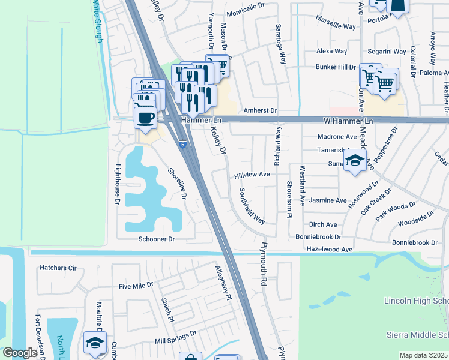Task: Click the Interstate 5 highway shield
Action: (x=182, y=145)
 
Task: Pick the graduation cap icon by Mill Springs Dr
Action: (x=95, y=343)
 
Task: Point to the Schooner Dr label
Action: (x=157, y=239)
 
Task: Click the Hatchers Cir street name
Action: (x=58, y=268)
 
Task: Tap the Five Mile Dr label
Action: (x=137, y=286)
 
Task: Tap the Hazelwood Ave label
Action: (x=329, y=248)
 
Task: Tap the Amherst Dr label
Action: (x=260, y=111)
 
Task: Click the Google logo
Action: (x=20, y=353)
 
